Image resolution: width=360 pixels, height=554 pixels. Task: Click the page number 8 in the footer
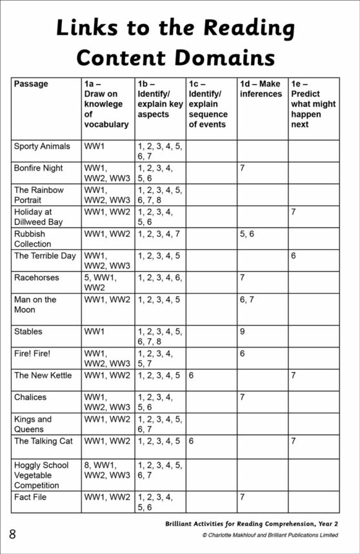[12, 533]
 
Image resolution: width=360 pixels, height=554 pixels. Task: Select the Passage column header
[31, 84]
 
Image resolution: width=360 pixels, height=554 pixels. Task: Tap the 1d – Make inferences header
[261, 89]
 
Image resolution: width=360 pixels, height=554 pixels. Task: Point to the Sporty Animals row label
[42, 147]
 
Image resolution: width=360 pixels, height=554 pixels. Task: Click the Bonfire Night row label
[39, 168]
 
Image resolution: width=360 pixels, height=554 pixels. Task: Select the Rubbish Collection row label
[32, 238]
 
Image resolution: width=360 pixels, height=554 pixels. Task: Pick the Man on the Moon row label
[35, 304]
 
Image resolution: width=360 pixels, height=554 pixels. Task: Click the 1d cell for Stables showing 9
[242, 331]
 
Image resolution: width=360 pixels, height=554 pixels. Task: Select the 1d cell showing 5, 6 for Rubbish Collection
[246, 233]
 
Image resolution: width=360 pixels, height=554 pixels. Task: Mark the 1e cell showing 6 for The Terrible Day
[294, 256]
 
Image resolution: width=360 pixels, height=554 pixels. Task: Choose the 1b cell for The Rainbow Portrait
[159, 195]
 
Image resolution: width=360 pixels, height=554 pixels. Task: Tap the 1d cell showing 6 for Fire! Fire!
[242, 354]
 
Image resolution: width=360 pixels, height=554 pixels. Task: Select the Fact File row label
[30, 497]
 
